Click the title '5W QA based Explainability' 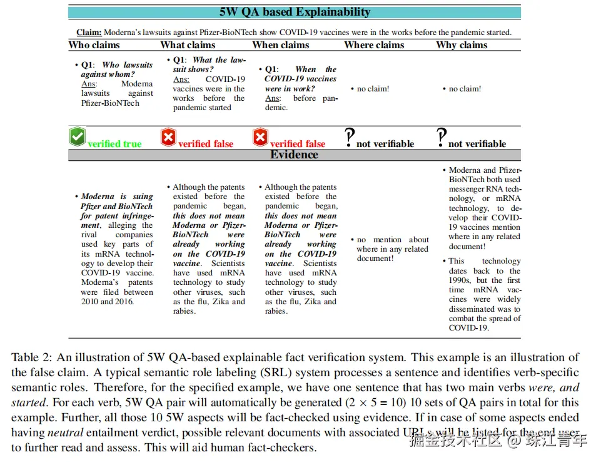295,12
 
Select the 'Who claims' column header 94,45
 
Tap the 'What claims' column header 188,45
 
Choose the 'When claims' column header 280,45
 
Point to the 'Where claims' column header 374,45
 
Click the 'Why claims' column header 462,45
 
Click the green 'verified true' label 114,144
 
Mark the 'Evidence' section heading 294,155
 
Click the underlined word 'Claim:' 89,33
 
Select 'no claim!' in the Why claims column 465,89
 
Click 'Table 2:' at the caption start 32,357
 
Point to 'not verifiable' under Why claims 477,144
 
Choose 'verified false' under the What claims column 206,144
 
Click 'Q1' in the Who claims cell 88,65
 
